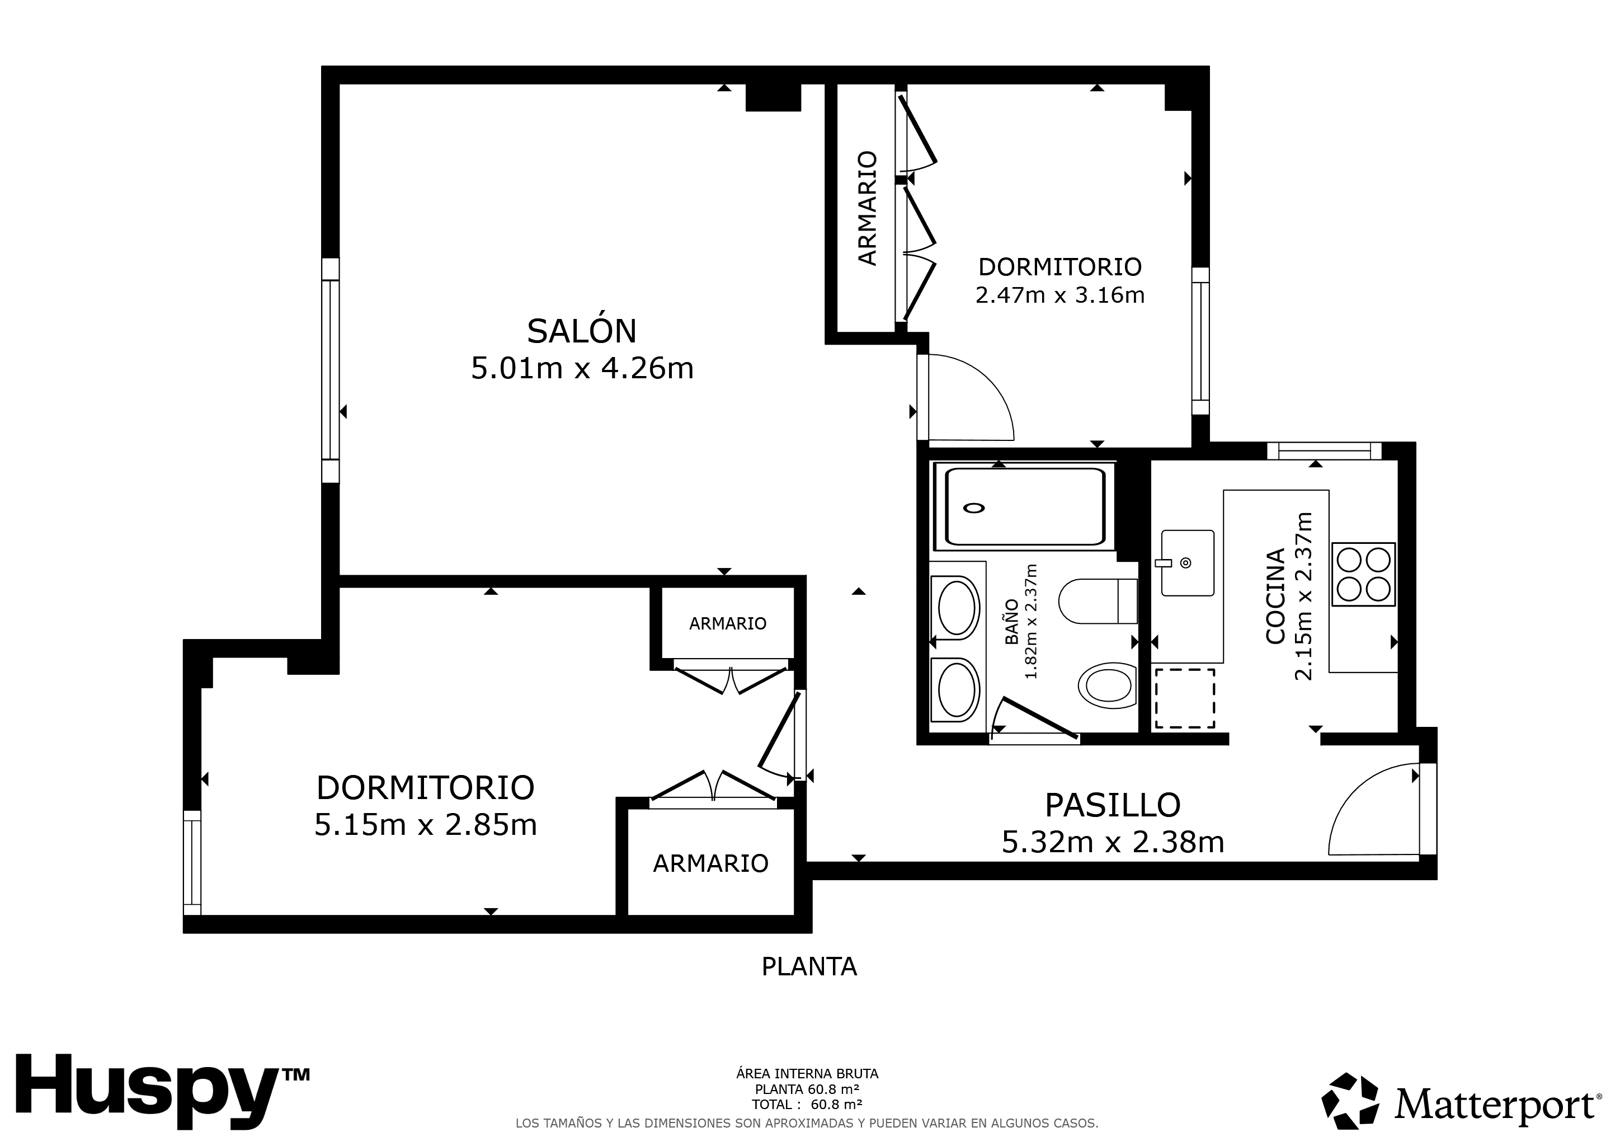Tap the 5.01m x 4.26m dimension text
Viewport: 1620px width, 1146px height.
pos(582,368)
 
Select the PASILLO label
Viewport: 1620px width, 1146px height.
pos(1113,805)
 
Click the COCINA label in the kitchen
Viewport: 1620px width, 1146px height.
pos(1275,597)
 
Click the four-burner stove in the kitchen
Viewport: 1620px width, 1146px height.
pos(1363,575)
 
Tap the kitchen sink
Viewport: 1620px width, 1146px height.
pos(1188,563)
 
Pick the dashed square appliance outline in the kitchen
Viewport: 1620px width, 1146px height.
pos(1185,698)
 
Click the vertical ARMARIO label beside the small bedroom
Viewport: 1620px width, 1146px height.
pos(867,208)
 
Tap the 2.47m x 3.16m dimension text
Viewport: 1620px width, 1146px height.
pos(1060,294)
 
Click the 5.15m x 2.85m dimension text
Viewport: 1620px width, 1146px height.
pos(426,825)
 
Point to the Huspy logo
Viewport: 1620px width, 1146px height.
pos(162,1092)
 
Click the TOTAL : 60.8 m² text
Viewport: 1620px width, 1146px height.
pos(807,1105)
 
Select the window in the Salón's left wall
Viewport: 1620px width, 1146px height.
pos(330,370)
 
